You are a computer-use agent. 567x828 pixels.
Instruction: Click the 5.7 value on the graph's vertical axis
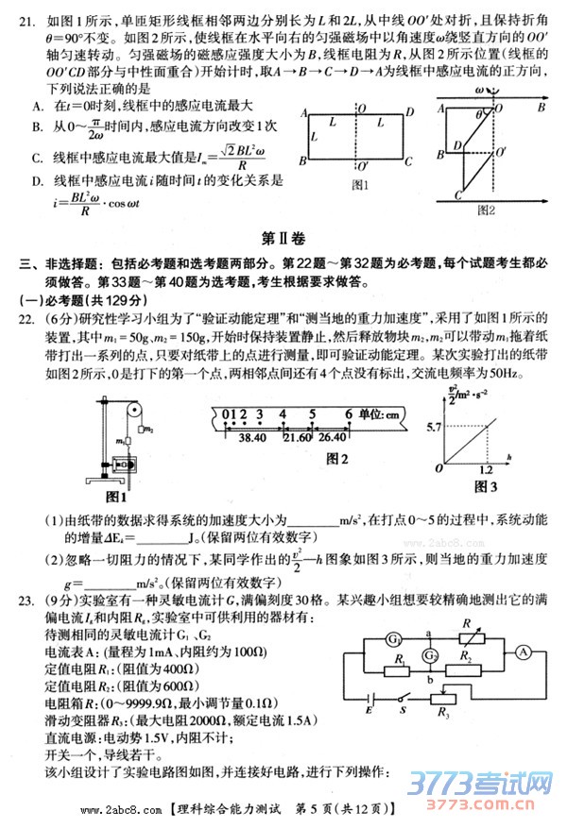[x=431, y=402]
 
